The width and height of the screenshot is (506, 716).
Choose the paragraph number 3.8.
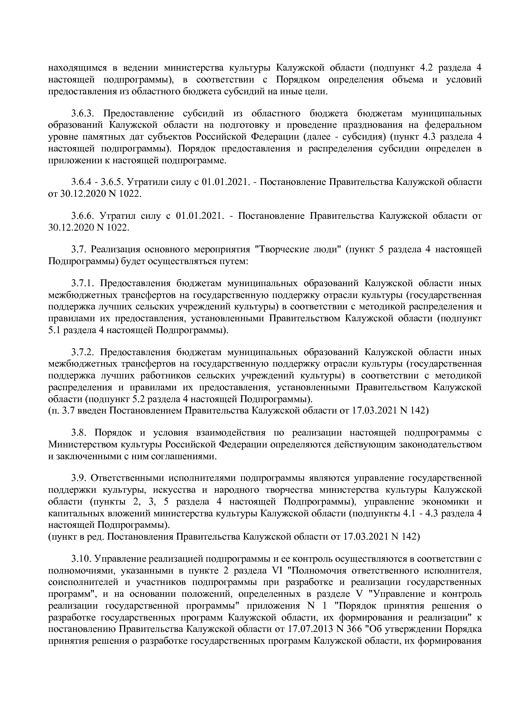pos(79,432)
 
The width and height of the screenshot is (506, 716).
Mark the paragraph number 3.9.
pos(79,478)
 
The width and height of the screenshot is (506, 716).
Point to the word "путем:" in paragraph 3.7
pos(234,261)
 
